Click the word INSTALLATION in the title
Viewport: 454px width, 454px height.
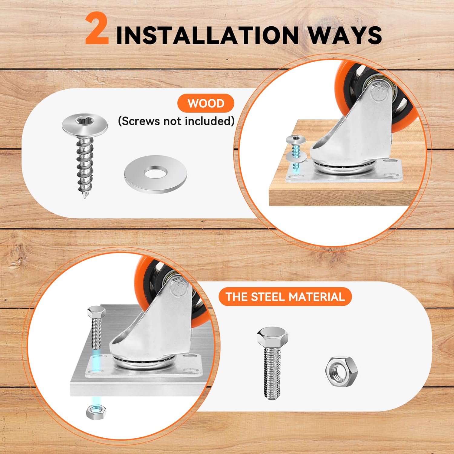207,35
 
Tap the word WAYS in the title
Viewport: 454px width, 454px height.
345,35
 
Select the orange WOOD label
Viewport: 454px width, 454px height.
206,103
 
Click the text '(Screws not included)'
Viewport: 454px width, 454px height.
176,121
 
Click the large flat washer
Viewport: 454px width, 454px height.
155,174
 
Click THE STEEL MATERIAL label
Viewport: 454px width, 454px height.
285,297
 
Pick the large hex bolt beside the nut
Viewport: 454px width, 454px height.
272,363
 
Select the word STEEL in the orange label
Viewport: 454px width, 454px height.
268,297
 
